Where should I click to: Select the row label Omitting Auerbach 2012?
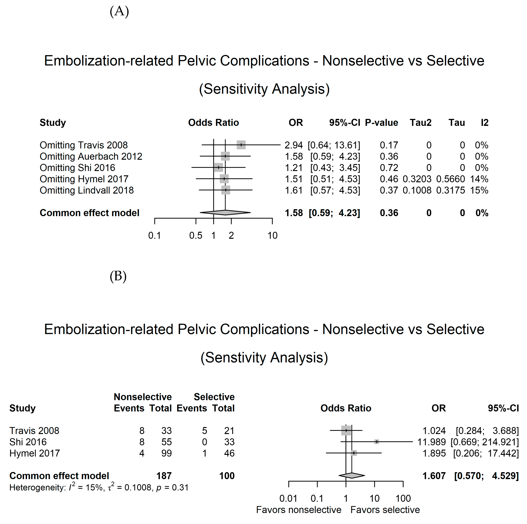point(91,157)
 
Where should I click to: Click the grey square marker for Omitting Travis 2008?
point(241,145)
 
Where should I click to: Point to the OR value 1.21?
point(294,168)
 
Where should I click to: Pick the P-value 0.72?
point(389,168)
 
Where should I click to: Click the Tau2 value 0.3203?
point(417,179)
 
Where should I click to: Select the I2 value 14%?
point(479,179)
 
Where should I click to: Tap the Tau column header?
point(457,123)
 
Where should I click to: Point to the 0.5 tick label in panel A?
point(196,236)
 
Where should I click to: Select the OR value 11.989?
point(432,442)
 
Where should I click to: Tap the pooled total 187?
point(164,476)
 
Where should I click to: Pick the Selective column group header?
point(214,397)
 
